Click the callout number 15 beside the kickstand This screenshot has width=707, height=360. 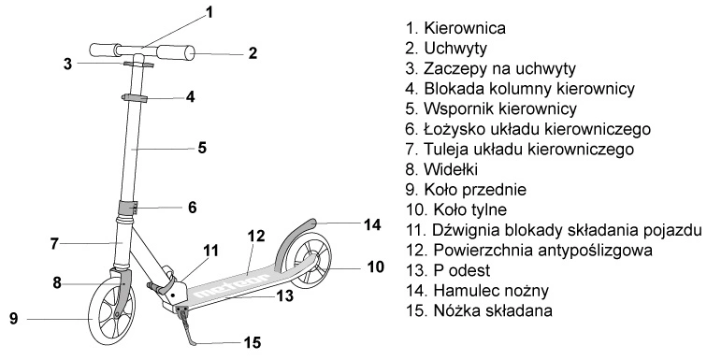click(x=252, y=342)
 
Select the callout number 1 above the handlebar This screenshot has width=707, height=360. click(x=209, y=12)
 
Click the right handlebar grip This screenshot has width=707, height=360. click(x=177, y=52)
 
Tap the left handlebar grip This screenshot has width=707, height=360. click(x=105, y=50)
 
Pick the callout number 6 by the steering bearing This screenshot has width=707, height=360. click(x=193, y=208)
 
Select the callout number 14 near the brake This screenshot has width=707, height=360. click(x=372, y=224)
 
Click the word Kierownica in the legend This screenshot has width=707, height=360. click(x=465, y=28)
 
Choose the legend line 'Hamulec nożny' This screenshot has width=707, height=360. click(x=477, y=291)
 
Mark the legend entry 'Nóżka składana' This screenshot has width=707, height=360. click(x=479, y=310)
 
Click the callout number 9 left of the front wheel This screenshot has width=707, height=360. click(x=13, y=319)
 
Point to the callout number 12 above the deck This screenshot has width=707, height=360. click(x=256, y=236)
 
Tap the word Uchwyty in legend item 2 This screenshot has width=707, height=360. click(x=455, y=49)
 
